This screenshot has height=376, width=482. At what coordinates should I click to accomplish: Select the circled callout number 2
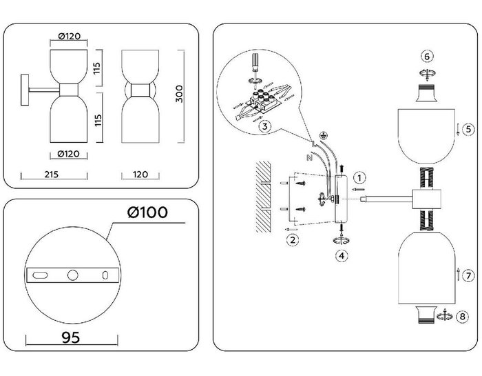[293, 240]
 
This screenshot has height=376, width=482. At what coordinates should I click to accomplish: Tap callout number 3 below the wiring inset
[264, 126]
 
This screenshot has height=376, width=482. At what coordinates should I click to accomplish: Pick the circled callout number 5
[467, 128]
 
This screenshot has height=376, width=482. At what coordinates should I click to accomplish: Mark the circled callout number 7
[468, 276]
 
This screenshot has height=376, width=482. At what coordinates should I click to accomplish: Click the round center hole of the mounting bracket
[72, 275]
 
